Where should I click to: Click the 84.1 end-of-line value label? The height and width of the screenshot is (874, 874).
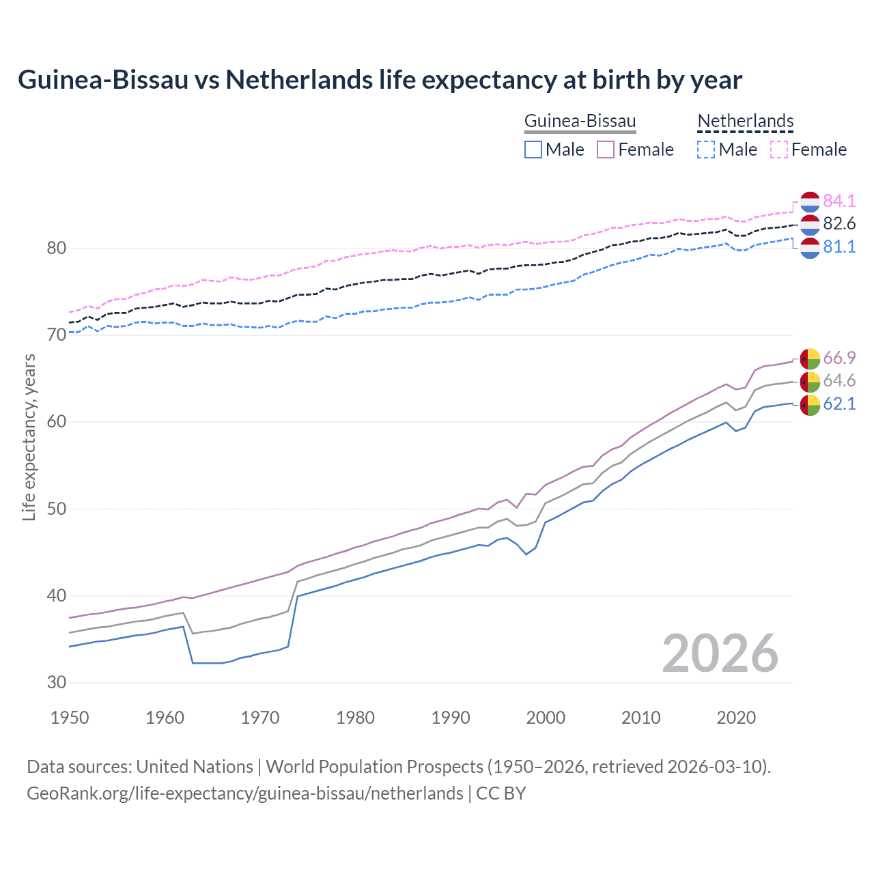839,201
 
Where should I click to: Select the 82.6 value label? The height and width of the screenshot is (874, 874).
839,224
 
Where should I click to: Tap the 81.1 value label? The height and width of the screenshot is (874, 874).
839,247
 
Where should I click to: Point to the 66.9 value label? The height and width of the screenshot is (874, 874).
839,358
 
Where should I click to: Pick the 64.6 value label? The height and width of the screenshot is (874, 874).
839,381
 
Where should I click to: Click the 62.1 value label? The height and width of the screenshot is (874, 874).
839,404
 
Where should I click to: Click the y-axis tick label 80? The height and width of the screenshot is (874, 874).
57,248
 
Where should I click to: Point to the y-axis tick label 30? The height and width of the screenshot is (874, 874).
57,682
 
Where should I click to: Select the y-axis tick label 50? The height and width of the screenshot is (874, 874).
57,509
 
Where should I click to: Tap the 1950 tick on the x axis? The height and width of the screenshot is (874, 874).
70,718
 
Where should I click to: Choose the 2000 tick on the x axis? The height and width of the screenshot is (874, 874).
546,718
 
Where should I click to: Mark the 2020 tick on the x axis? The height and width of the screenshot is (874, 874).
736,718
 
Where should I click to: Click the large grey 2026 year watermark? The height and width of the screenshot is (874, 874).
720,653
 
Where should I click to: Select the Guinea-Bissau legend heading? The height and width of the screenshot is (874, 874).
580,121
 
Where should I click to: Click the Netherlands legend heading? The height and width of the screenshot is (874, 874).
745,121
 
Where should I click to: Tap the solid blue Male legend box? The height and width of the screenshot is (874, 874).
533,150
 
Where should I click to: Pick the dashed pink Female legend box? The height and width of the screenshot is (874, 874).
779,150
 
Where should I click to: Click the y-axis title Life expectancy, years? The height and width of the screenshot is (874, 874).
29,437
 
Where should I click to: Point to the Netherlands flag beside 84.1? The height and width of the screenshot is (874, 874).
810,201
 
